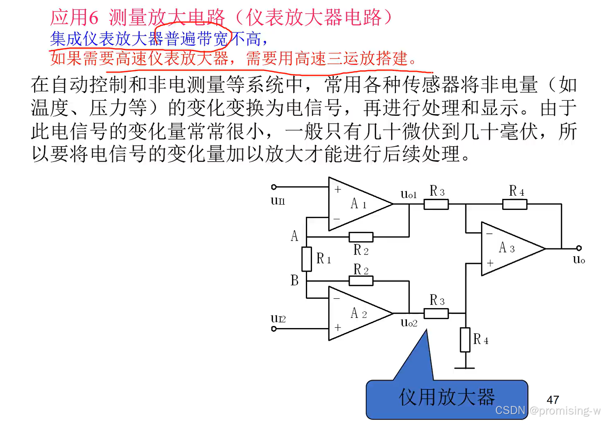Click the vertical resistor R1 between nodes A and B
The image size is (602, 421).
(307, 259)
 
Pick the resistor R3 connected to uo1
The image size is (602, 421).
(436, 205)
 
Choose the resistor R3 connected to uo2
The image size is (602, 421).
(436, 313)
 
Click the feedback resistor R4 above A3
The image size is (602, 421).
(515, 205)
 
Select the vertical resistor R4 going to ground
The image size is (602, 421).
(465, 340)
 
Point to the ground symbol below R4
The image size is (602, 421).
(465, 368)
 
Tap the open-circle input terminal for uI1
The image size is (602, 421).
(274, 187)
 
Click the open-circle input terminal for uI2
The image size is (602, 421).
(274, 328)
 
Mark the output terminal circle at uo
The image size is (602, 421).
(579, 248)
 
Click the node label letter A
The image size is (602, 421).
(295, 236)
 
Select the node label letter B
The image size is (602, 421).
(295, 280)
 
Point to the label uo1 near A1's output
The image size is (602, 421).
(408, 194)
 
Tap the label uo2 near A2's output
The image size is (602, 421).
(408, 323)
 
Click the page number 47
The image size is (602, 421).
(553, 400)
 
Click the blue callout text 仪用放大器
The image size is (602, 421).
(447, 397)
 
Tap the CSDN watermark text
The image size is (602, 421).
(510, 410)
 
